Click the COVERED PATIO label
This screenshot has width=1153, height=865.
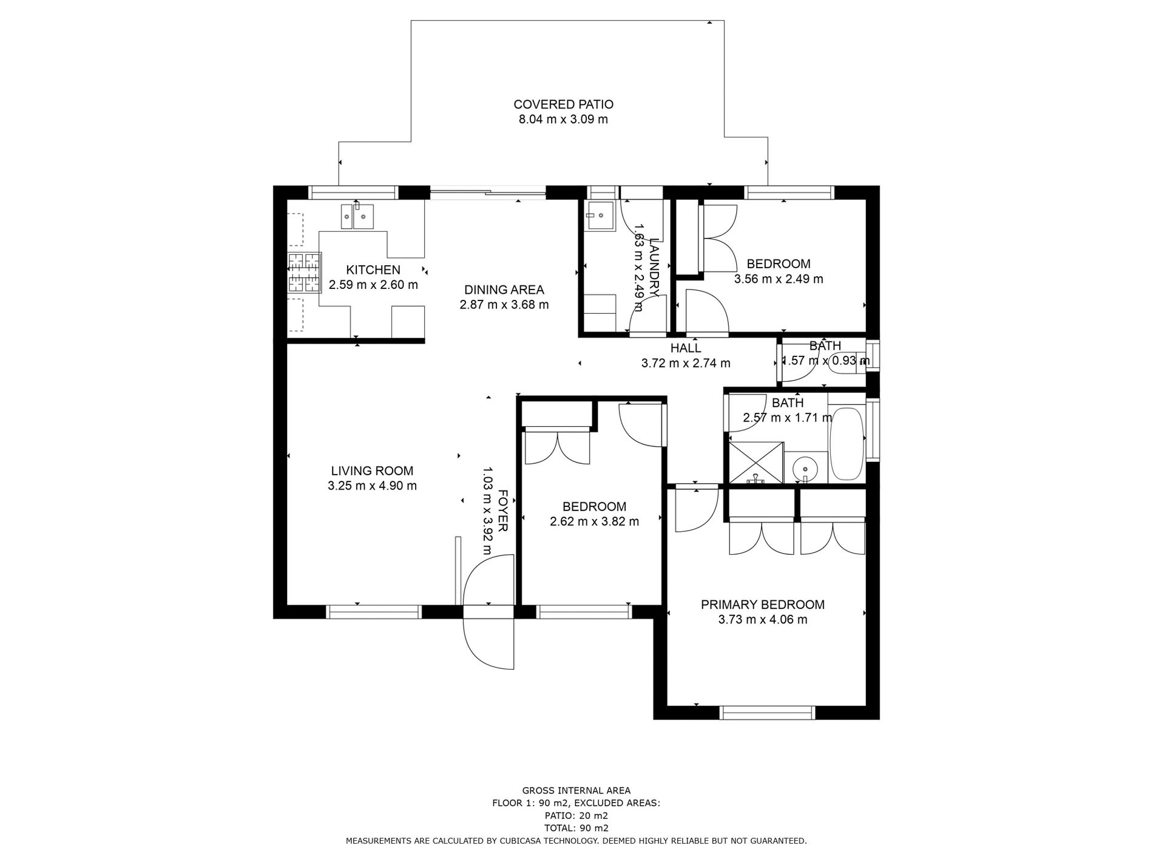563,104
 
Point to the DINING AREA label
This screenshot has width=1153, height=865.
504,290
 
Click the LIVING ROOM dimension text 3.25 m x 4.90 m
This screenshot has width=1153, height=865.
372,486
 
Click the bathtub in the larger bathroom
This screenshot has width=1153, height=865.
847,444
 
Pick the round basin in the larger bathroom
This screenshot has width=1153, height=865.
805,469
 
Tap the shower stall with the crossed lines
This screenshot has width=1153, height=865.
756,463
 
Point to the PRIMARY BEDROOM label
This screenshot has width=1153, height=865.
763,605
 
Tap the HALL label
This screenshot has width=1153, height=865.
686,348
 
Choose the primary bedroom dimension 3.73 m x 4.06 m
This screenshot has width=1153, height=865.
763,620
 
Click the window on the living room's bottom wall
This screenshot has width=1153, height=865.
374,611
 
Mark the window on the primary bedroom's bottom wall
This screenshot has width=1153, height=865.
768,713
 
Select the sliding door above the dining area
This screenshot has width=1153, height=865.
488,193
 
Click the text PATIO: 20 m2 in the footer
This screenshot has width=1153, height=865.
576,816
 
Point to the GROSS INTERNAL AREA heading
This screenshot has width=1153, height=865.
576,790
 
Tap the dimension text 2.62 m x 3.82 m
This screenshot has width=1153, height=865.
595,521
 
